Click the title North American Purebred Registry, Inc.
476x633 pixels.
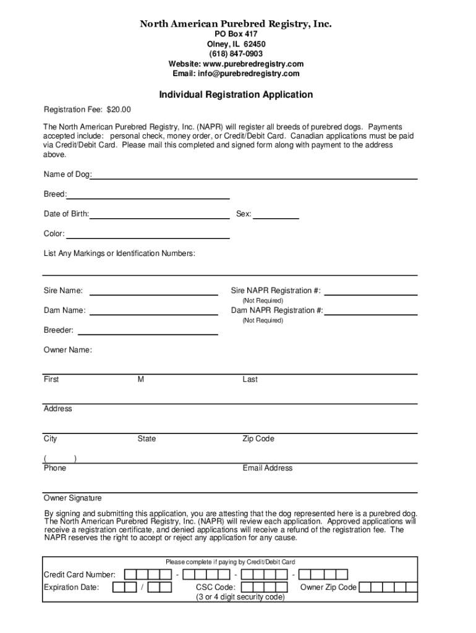point(236,24)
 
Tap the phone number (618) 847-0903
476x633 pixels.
point(236,54)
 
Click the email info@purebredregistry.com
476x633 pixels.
point(249,74)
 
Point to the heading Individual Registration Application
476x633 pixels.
point(236,95)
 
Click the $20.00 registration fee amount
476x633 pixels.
point(119,110)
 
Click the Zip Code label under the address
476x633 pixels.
point(258,439)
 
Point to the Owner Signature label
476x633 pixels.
point(72,498)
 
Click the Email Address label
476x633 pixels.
point(267,468)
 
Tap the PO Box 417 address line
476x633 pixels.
point(236,34)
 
